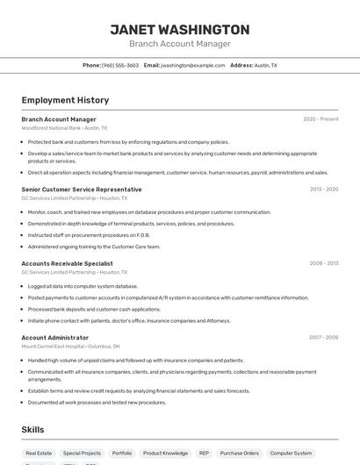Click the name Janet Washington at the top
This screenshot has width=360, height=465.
(179, 29)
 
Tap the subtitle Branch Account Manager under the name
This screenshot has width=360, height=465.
(179, 44)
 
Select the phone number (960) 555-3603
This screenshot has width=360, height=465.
(120, 65)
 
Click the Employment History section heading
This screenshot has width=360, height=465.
(65, 100)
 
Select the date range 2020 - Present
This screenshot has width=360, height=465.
(320, 119)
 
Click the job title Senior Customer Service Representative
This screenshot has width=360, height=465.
(81, 190)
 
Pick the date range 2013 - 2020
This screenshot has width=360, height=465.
(324, 190)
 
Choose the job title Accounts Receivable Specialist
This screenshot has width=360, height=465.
(67, 263)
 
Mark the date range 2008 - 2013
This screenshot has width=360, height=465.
(324, 263)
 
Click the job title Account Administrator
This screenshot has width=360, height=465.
(54, 338)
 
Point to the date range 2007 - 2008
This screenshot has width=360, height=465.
(324, 338)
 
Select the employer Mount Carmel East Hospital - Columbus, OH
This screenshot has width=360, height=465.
(73, 347)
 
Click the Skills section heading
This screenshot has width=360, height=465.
(33, 429)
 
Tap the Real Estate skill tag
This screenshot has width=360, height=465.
(39, 453)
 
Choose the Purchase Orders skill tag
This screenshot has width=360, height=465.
(240, 453)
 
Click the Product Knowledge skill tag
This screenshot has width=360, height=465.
(165, 453)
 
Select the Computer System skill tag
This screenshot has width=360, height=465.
(291, 453)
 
